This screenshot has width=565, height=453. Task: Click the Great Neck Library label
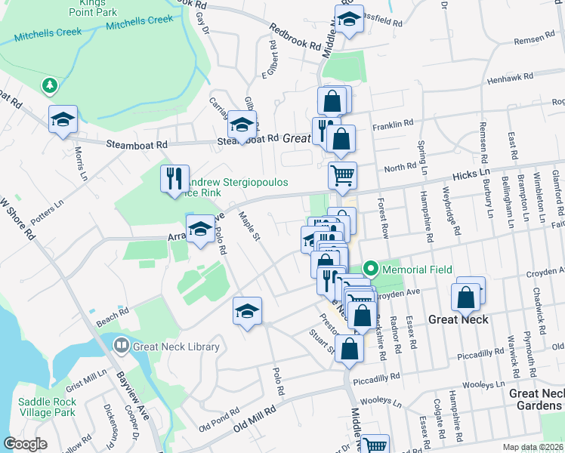[x=176, y=347]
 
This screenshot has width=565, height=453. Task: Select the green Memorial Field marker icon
[x=371, y=269]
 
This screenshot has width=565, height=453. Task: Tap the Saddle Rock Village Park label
[x=47, y=407]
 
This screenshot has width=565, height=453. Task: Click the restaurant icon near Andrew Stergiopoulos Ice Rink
[x=174, y=178]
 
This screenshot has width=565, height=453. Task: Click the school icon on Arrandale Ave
[x=200, y=229]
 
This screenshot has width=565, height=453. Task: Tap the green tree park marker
[x=50, y=86]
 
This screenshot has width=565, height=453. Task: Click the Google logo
[x=25, y=444]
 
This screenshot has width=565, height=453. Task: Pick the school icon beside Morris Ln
[x=63, y=119]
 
